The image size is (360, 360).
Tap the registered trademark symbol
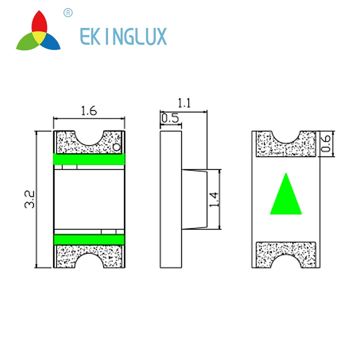click(68, 13)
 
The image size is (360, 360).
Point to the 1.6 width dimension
click(88, 111)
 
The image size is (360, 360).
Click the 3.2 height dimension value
click(30, 199)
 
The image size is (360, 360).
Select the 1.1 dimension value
click(184, 103)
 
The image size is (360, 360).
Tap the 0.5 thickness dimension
click(170, 118)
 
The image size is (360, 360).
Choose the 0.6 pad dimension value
click(327, 144)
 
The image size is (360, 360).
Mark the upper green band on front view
click(89, 159)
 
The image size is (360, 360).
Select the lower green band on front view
click(89, 238)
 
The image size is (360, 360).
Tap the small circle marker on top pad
click(117, 147)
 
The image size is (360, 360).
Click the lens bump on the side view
click(194, 199)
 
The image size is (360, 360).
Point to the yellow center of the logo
click(39, 36)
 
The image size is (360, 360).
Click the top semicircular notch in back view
click(286, 135)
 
